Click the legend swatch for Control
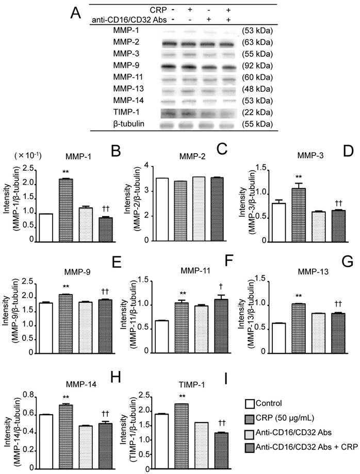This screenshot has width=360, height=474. click(253, 403)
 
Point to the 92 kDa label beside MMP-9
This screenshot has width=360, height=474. click(257, 66)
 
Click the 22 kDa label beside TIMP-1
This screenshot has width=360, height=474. click(257, 112)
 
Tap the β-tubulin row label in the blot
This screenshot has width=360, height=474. click(127, 124)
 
